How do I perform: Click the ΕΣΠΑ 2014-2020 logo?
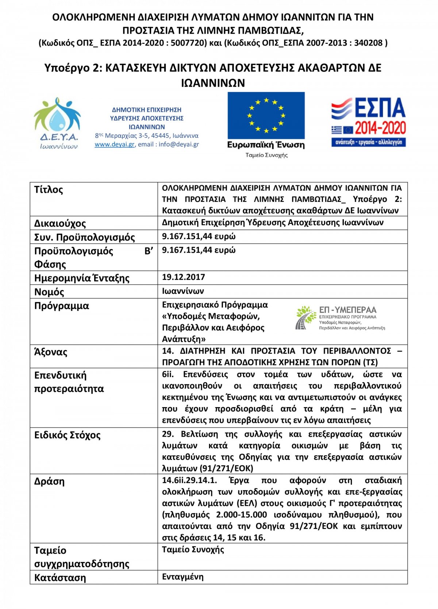pos(369,122)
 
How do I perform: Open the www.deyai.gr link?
pos(115,144)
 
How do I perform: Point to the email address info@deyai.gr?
pos(178,144)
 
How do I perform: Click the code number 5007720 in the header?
pos(189,43)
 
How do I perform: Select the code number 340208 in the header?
pos(368,43)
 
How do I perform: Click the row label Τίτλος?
pos(49,190)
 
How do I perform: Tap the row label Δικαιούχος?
pos(60,223)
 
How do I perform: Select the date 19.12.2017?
pos(184,277)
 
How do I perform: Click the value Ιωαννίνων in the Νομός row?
pos(183,291)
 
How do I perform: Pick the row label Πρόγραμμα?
pos(62,306)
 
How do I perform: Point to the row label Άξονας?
pos(51,352)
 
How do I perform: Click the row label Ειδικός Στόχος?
pos(67,435)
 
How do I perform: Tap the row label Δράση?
pos(49,482)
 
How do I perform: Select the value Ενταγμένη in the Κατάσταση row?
pos(183,577)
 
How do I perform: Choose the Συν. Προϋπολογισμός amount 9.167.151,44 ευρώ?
pos(199,237)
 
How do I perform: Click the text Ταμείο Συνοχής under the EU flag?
pos(266,155)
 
